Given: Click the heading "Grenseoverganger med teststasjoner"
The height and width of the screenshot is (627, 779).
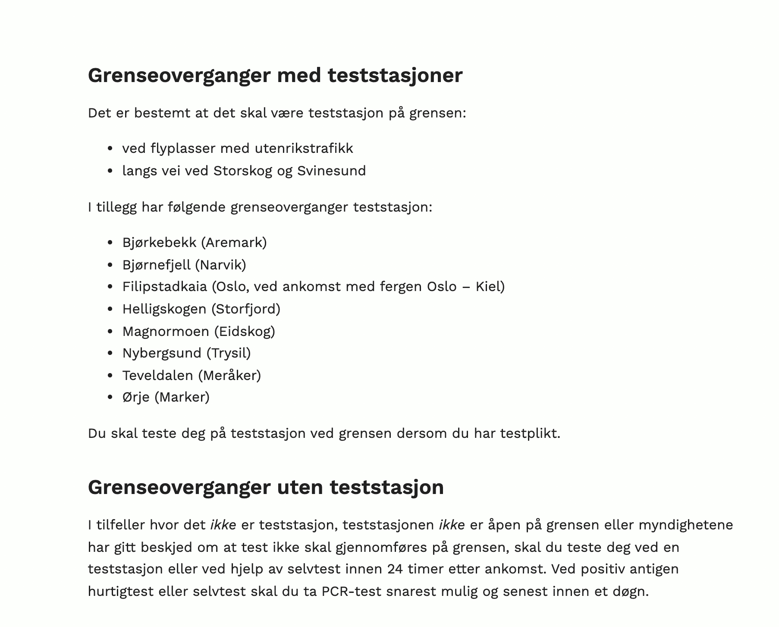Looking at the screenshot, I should [x=275, y=76].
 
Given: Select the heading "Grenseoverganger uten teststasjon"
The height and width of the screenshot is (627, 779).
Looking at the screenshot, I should [x=266, y=488].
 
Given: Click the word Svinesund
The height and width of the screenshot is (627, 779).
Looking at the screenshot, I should [x=331, y=171].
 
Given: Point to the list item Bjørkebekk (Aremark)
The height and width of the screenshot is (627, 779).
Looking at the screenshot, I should [x=195, y=243].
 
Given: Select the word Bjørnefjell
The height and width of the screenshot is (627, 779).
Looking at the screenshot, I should [x=156, y=265].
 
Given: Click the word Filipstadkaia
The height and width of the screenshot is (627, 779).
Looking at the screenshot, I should [x=164, y=287].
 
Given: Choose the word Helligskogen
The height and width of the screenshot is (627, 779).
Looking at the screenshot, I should [x=164, y=309].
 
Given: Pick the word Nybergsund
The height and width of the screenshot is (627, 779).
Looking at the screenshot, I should [x=162, y=353].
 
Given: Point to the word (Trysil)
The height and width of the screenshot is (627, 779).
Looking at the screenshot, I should [x=229, y=353].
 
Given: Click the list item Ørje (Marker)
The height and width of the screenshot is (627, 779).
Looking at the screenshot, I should [x=166, y=397].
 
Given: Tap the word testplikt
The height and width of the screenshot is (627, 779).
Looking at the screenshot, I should [x=530, y=434].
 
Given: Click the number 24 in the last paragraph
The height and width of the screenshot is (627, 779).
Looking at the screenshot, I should [x=395, y=569].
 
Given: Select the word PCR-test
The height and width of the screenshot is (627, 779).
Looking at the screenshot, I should [x=352, y=592].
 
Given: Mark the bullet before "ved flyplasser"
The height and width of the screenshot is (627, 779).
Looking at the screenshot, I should [x=110, y=149].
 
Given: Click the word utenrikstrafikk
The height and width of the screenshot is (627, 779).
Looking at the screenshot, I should [x=304, y=149].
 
